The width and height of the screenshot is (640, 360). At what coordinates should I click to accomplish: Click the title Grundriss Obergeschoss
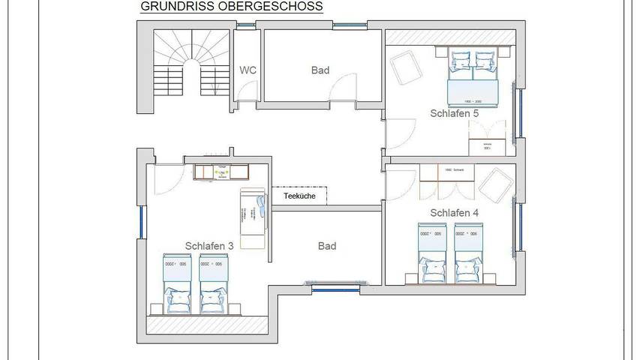[x=231, y=7]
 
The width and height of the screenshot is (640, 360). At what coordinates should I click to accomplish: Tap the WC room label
[x=248, y=70]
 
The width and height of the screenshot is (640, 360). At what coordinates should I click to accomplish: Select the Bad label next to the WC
[x=320, y=70]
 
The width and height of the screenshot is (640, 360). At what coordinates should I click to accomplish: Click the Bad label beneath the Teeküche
[x=326, y=246]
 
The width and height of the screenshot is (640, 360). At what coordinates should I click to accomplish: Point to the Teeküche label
[x=299, y=196]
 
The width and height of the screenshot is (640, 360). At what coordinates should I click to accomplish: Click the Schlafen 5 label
[x=454, y=114]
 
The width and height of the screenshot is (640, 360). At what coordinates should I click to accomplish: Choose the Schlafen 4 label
[x=454, y=213]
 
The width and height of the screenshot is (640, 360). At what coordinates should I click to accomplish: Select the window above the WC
[x=247, y=25]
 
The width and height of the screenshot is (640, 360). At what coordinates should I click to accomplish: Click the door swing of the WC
[x=242, y=90]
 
